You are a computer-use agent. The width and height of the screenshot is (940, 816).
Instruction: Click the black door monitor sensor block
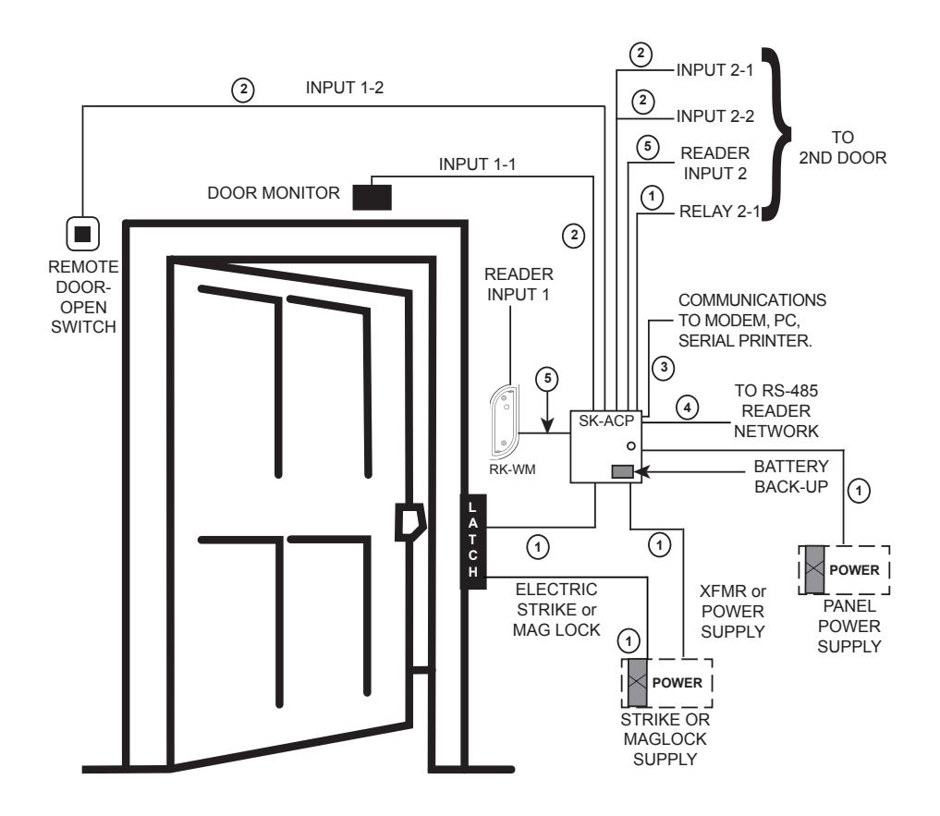[x=372, y=197]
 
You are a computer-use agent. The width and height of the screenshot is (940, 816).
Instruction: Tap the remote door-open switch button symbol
[x=83, y=233]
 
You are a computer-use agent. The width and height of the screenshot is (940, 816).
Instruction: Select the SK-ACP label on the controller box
[x=606, y=421]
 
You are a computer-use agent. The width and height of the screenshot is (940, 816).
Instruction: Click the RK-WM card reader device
[x=504, y=421]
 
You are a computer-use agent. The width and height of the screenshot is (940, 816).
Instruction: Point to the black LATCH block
[x=473, y=542]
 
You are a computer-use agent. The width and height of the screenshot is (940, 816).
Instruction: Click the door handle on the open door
[x=410, y=521]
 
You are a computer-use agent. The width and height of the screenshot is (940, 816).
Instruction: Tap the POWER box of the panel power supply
[x=844, y=569]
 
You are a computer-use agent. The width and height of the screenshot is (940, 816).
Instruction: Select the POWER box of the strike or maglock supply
[x=667, y=683]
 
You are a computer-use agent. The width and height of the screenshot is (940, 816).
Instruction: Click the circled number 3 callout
[x=664, y=368]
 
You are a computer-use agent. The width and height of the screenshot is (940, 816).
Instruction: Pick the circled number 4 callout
[x=687, y=408]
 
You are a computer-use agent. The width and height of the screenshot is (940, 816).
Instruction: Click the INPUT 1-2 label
[x=345, y=88]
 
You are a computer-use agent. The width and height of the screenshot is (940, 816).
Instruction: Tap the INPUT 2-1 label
[x=715, y=70]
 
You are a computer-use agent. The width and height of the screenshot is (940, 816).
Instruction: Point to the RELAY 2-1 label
[x=719, y=212]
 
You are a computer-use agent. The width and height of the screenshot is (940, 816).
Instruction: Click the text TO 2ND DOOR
[x=843, y=148]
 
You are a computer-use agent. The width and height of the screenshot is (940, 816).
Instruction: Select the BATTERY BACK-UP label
[x=791, y=477]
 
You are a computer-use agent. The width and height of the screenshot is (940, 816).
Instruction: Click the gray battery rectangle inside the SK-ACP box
[x=622, y=472]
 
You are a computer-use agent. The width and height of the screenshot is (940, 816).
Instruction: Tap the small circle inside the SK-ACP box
[x=630, y=446]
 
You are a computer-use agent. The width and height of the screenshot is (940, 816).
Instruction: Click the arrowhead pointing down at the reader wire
[x=547, y=426]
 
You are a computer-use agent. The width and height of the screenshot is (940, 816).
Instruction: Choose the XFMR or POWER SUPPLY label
[x=733, y=612]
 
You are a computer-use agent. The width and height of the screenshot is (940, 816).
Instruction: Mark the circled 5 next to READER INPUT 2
[x=647, y=147]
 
